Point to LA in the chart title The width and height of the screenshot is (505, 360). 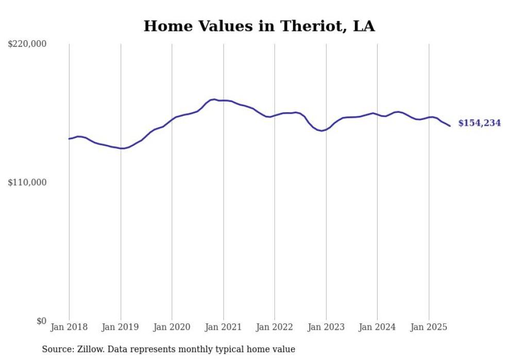pos(363,26)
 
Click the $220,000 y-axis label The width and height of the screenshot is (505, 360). pos(27,44)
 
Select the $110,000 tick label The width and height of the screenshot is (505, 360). pos(27,182)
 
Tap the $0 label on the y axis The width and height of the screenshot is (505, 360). pos(41,321)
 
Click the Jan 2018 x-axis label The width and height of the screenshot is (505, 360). pos(69,327)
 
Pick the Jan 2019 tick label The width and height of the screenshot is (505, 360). pos(121,327)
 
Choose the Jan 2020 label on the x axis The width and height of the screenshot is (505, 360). pos(172,327)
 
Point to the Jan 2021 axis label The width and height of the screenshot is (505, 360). pos(223,327)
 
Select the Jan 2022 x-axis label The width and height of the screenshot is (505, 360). pos(275,327)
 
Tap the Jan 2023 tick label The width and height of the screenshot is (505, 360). pos(326,327)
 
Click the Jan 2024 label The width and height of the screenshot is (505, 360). pos(377,327)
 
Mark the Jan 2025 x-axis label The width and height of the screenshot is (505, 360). pos(429,327)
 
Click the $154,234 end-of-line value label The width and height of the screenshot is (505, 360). pos(479,123)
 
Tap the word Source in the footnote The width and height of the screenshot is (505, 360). pos(57,349)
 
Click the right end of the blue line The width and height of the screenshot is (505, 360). pos(450,126)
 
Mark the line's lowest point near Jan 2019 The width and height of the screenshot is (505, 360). pos(122,148)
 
